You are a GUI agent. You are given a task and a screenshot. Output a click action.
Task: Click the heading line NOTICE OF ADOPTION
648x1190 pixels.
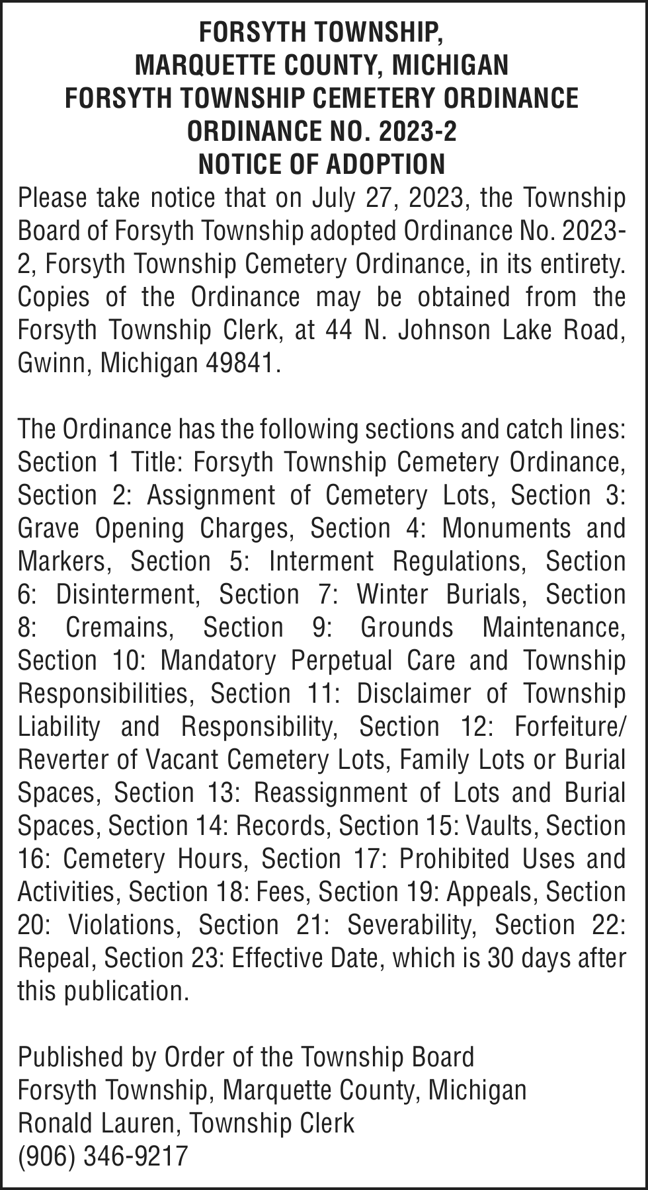click(322, 164)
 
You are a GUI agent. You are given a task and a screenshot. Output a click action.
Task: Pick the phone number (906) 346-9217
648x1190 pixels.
click(103, 1156)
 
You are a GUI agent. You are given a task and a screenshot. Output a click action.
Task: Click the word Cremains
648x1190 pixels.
click(120, 627)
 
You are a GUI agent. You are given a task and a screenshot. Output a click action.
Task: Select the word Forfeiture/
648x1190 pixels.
click(569, 727)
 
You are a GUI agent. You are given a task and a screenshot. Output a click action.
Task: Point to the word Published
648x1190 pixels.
click(69, 1057)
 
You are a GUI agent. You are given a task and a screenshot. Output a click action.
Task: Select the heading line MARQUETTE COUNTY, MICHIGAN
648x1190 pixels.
click(322, 65)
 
